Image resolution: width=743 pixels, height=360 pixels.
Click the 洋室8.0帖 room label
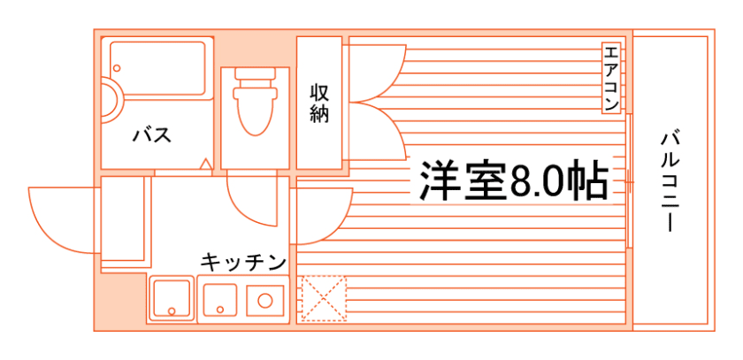pyautogui.click(x=512, y=182)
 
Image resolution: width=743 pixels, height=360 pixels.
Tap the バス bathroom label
pyautogui.click(x=151, y=135)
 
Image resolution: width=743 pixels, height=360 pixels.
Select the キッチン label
pyautogui.click(x=243, y=262)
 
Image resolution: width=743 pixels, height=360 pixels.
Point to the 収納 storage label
pyautogui.click(x=319, y=103)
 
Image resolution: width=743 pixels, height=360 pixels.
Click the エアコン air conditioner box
pyautogui.click(x=611, y=78)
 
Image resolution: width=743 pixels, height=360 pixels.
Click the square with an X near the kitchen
pyautogui.click(x=323, y=299)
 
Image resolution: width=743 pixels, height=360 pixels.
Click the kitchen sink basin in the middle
pyautogui.click(x=219, y=299)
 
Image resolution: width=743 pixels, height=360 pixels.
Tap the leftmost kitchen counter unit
pyautogui.click(x=171, y=299)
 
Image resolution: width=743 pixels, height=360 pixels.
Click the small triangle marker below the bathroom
pyautogui.click(x=204, y=164)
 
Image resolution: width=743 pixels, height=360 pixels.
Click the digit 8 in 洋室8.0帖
pyautogui.click(x=522, y=182)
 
